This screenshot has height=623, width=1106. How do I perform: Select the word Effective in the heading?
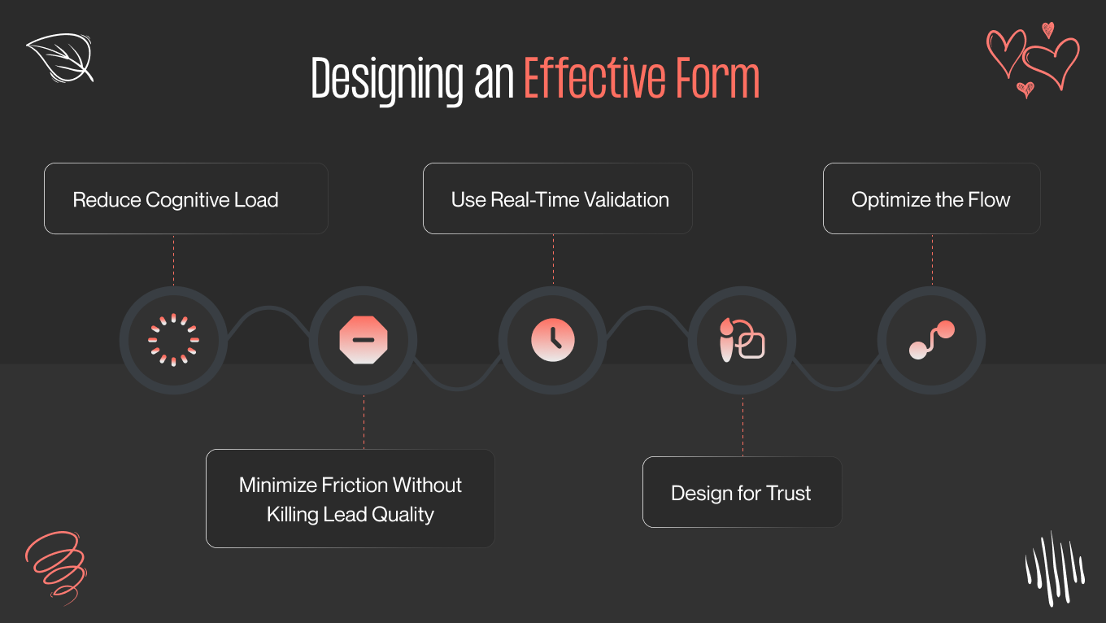click(x=590, y=80)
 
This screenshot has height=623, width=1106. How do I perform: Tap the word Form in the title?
click(x=716, y=80)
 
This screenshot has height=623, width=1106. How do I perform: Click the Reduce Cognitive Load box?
click(x=185, y=199)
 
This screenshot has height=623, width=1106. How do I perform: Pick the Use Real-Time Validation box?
click(x=558, y=199)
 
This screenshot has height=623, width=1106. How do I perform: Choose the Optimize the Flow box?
click(x=931, y=199)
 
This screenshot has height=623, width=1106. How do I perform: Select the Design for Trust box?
click(x=742, y=493)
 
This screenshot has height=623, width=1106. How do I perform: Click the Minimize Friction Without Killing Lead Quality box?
click(x=350, y=499)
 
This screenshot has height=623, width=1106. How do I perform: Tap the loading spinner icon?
click(x=173, y=340)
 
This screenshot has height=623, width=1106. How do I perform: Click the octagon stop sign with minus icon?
click(x=364, y=340)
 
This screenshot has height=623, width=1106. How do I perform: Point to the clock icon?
click(x=553, y=340)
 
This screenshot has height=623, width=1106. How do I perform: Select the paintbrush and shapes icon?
click(x=742, y=340)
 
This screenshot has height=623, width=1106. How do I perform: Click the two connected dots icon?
click(x=931, y=340)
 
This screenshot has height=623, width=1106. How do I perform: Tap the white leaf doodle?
click(x=60, y=58)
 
